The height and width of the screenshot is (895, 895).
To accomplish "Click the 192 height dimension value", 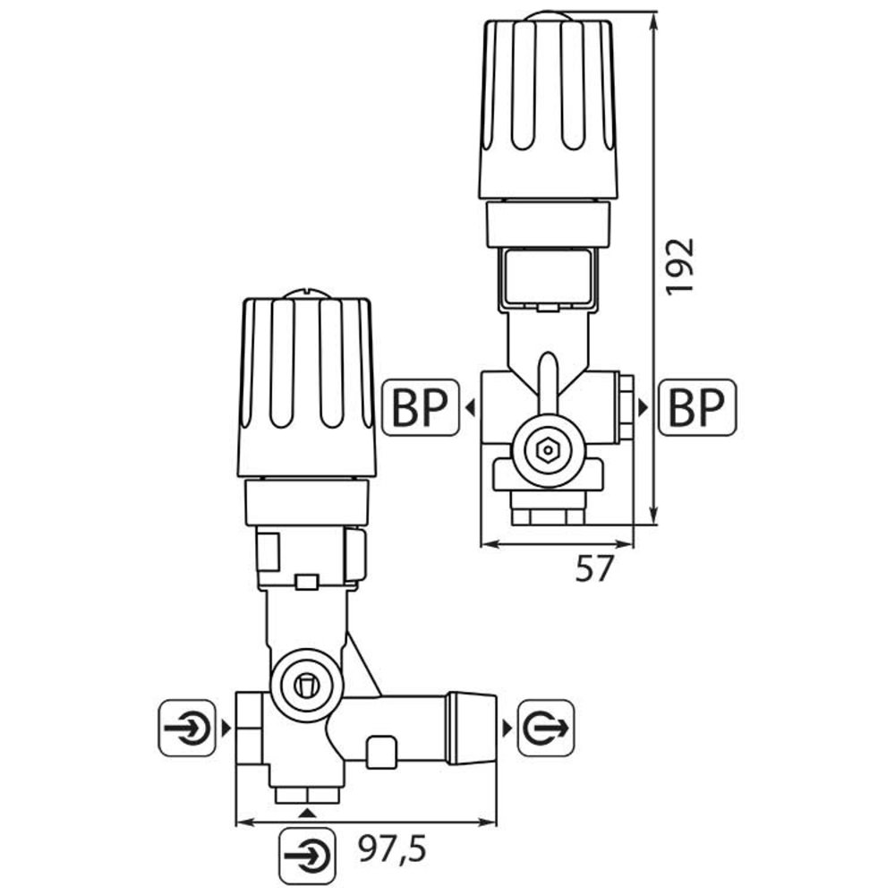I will click(681, 266).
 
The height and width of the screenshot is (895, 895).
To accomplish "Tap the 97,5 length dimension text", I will click(390, 847).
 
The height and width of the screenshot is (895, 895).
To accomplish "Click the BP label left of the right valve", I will click(420, 407).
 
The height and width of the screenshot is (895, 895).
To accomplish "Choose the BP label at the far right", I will click(697, 407).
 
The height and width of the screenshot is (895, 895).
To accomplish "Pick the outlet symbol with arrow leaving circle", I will click(546, 728).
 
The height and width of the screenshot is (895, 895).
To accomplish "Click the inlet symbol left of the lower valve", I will click(187, 728).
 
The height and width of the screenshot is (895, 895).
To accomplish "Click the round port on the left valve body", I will click(306, 686).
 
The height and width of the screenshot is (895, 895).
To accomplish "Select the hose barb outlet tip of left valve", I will click(472, 727).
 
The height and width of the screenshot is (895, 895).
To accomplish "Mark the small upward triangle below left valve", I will click(307, 812).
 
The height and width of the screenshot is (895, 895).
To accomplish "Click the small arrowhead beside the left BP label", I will click(469, 408).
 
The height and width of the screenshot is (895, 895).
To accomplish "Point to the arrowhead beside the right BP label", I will click(642, 408).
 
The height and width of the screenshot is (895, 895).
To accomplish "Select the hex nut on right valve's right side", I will click(625, 408).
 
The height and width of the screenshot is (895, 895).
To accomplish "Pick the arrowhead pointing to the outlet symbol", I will click(507, 728).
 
